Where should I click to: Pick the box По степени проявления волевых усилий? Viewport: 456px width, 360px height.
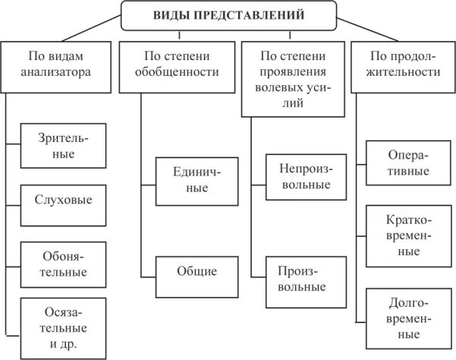point(293,78)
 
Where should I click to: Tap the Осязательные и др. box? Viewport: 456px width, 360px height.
point(63,329)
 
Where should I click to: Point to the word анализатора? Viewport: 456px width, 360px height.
point(58,74)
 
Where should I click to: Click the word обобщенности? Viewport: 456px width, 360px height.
point(177,74)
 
